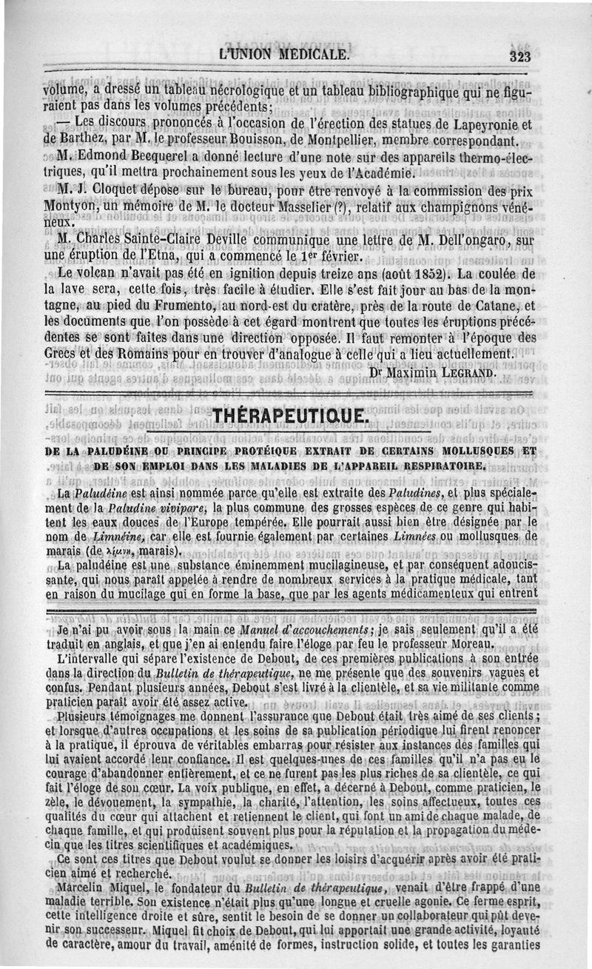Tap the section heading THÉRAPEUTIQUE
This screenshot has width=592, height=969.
(x=289, y=418)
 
